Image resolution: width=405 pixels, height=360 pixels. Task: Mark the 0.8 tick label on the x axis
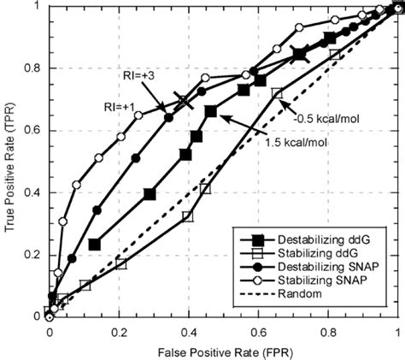click(328, 330)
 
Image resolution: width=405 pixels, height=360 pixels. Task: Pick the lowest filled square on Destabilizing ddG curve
click(95, 245)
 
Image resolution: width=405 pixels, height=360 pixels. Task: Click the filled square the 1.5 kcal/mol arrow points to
click(211, 111)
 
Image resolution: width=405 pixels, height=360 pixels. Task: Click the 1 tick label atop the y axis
click(39, 7)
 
